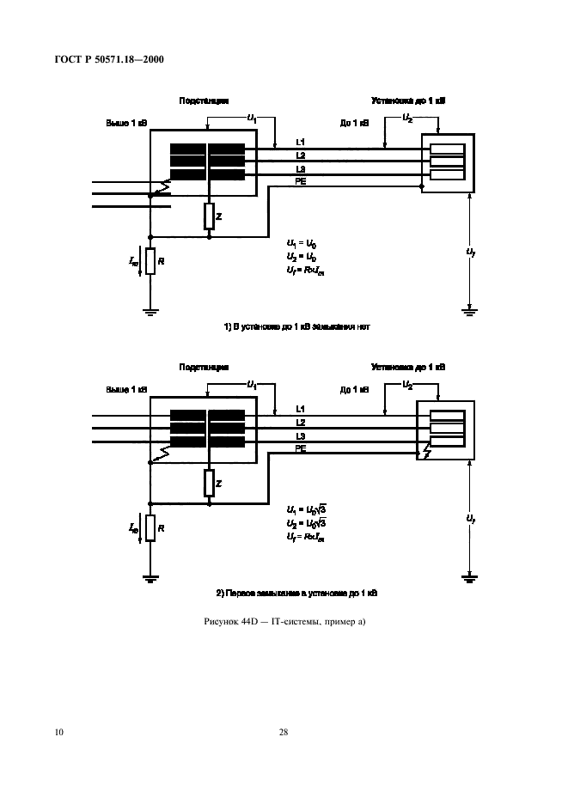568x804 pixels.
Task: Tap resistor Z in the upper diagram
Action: pos(209,216)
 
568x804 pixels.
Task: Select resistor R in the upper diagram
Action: pos(150,261)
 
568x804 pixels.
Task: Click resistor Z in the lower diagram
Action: pos(209,483)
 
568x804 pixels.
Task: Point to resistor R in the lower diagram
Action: pos(150,527)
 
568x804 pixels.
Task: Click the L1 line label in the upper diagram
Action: pos(300,142)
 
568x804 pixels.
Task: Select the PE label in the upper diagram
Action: pos(300,182)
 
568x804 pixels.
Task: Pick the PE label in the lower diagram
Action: pos(300,448)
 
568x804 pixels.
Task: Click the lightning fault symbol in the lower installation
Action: pos(427,451)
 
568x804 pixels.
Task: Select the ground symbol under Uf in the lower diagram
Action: pos(469,577)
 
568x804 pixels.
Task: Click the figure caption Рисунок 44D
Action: pos(283,621)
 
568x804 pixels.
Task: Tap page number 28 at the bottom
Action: pos(283,732)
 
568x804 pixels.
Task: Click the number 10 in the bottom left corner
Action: pos(58,732)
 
